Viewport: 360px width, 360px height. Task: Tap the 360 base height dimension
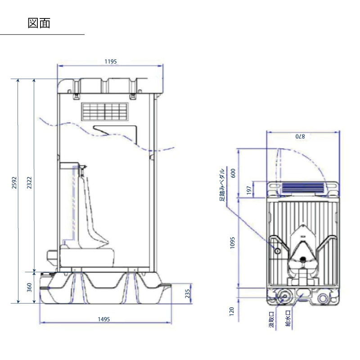click(x=30, y=287)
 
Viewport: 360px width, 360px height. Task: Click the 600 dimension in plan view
click(x=233, y=173)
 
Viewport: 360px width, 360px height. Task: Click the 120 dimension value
click(x=233, y=311)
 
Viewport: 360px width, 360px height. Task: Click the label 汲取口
click(x=271, y=320)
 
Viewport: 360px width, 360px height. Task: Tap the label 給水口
click(x=288, y=320)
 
